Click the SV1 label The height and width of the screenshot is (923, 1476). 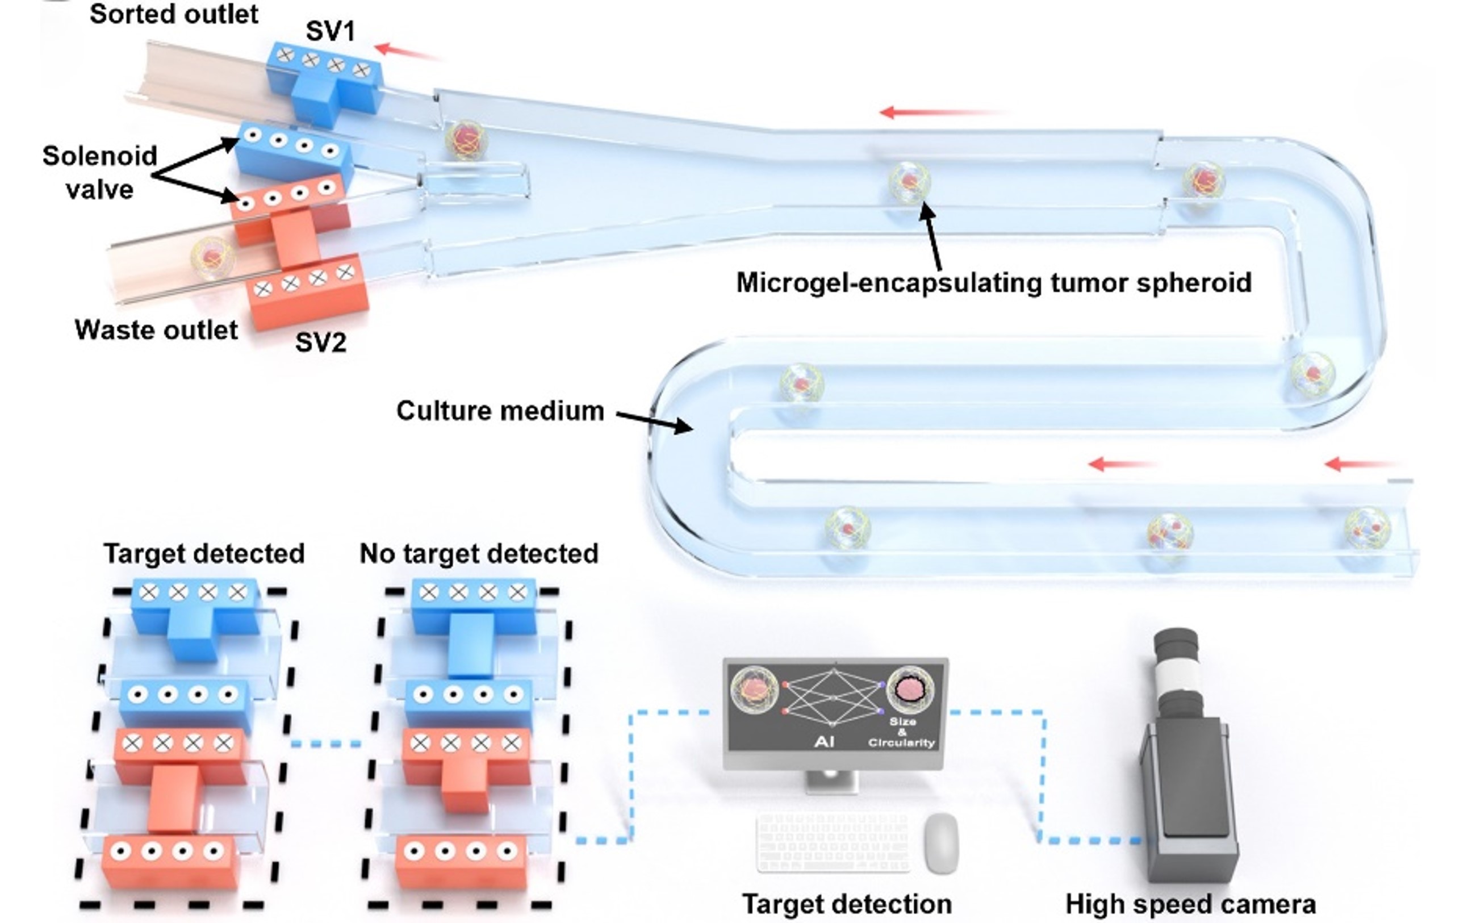[330, 31]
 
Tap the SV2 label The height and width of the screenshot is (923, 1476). [320, 342]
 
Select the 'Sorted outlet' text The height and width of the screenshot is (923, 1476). [174, 14]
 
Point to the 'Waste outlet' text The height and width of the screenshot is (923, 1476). [156, 329]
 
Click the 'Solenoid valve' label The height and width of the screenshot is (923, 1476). [99, 173]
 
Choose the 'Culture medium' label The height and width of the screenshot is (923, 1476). [500, 411]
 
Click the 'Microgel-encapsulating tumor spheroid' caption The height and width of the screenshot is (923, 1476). [994, 283]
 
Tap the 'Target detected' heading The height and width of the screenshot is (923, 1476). [204, 554]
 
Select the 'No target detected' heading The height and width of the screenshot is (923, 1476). [479, 554]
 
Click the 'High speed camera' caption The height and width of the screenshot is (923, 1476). [1190, 904]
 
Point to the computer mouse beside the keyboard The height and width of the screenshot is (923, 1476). [941, 842]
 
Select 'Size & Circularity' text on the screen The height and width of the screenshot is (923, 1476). [902, 732]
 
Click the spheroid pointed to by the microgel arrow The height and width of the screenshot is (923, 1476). [909, 181]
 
